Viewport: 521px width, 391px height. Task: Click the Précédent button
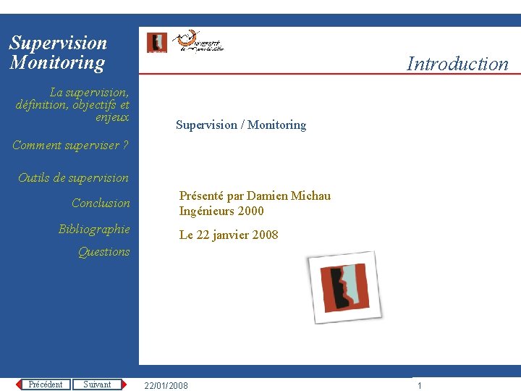46,384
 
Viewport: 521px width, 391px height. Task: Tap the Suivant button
98,384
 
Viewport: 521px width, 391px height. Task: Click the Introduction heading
457,64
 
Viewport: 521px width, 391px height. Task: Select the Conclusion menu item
101,203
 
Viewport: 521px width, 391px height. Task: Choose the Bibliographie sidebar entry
94,230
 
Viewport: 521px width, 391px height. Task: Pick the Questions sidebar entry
103,252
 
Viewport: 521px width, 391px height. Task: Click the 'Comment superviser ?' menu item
70,146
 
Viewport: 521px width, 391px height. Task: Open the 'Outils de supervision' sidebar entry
73,178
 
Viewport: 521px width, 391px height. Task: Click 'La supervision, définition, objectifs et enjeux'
72,105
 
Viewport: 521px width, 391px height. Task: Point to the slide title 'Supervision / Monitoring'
241,125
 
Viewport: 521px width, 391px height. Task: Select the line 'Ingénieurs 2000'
221,211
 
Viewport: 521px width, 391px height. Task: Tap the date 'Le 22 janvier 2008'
229,235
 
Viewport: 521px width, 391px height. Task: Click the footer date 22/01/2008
166,386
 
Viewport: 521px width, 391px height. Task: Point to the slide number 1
419,386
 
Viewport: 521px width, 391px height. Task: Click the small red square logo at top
156,43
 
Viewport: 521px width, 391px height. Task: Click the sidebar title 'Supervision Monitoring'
57,53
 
